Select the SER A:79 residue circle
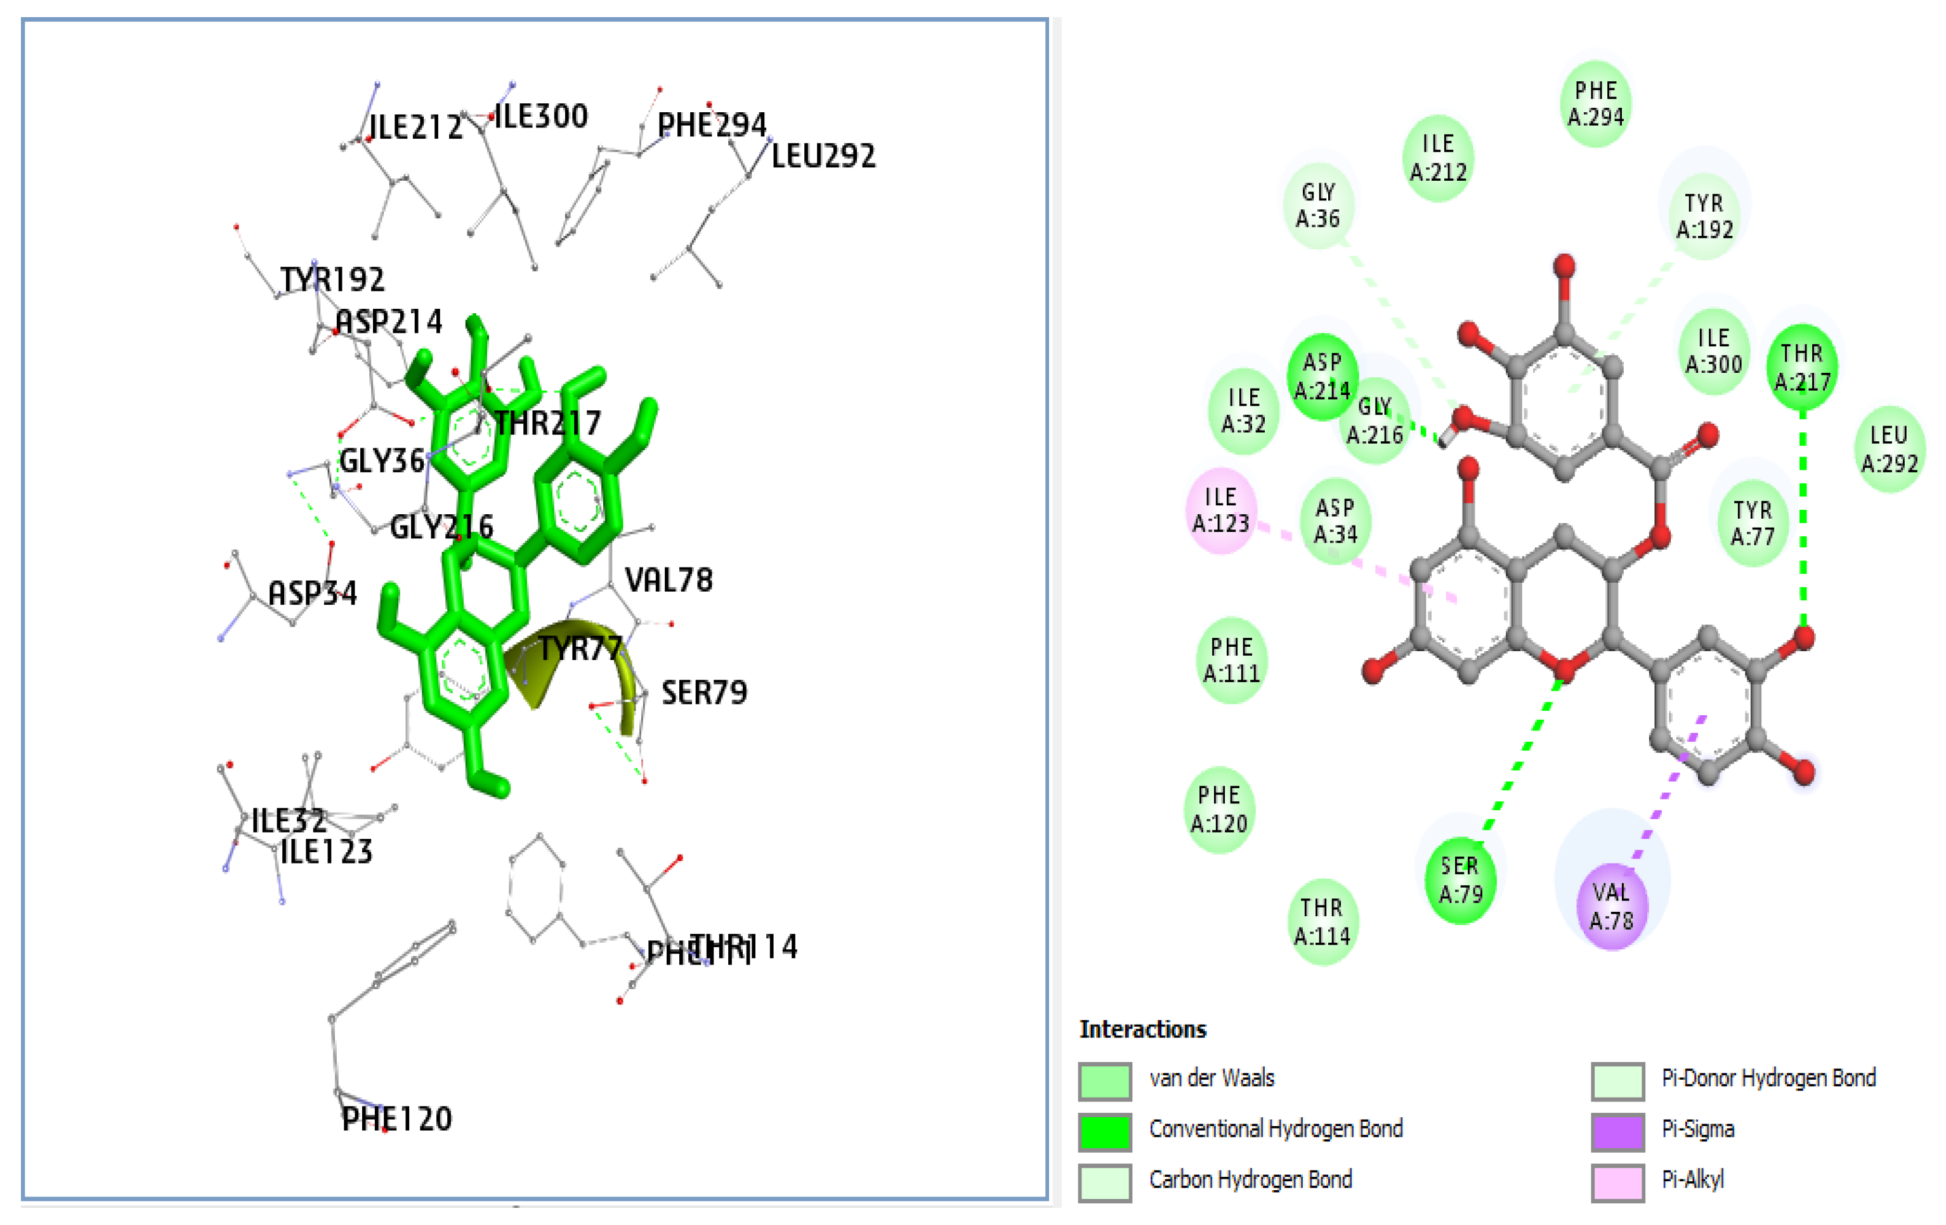[1460, 881]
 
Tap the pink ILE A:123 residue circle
[1220, 510]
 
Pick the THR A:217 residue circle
[1801, 368]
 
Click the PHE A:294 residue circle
[1595, 104]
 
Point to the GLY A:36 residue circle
[1317, 206]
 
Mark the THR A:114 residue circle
[1321, 922]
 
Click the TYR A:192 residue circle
[1704, 217]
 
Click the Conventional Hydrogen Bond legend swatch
[1105, 1131]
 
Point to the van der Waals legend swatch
[1105, 1080]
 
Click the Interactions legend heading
[1142, 1030]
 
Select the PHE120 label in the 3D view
[397, 1119]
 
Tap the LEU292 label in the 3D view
[823, 156]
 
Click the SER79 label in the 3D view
[704, 692]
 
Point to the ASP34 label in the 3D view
[312, 594]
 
